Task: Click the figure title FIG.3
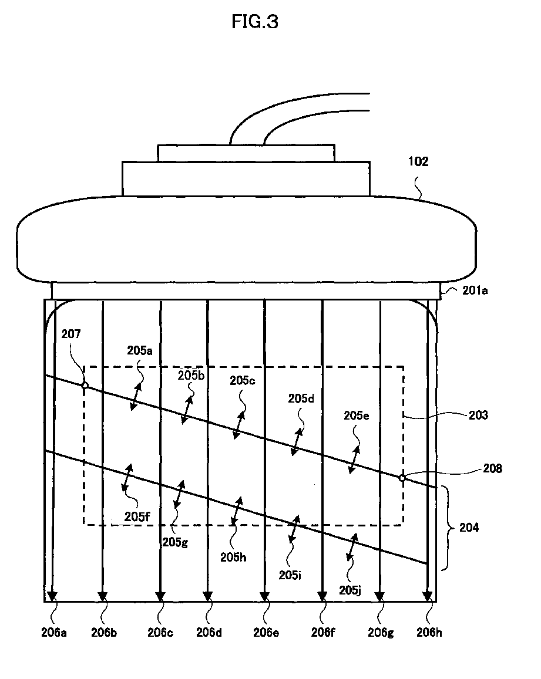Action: [254, 22]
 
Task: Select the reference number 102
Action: [418, 163]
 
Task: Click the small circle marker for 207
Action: [85, 386]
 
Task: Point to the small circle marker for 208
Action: [402, 478]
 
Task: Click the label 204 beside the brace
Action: [469, 528]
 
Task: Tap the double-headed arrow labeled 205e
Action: [354, 460]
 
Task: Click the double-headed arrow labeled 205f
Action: [127, 478]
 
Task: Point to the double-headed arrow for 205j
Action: [352, 548]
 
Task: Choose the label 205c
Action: [243, 380]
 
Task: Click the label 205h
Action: [234, 557]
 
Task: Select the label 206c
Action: [160, 632]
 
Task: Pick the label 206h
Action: [428, 632]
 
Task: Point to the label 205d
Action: [301, 398]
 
